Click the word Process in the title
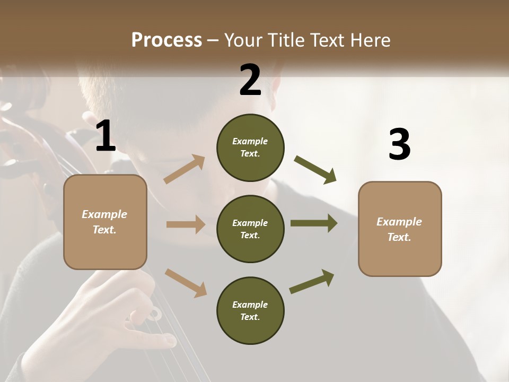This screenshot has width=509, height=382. click(x=166, y=40)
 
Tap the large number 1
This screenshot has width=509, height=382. click(x=106, y=136)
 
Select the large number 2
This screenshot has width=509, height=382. click(x=250, y=80)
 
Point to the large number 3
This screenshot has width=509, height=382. click(x=399, y=145)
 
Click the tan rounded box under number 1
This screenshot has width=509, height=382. click(x=105, y=222)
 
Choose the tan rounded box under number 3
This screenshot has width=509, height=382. click(x=400, y=229)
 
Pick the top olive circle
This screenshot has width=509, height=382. click(x=250, y=147)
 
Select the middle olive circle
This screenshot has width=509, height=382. click(x=250, y=229)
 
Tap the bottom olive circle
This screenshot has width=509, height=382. click(x=250, y=310)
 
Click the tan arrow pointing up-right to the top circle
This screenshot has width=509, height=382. click(x=185, y=169)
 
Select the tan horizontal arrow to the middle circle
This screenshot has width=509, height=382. click(x=186, y=224)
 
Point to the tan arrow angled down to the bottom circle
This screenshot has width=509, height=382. click(x=186, y=282)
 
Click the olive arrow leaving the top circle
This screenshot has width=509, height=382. click(x=315, y=170)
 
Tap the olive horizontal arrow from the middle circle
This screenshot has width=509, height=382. click(x=313, y=223)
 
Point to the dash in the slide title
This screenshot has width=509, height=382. click(x=213, y=40)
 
